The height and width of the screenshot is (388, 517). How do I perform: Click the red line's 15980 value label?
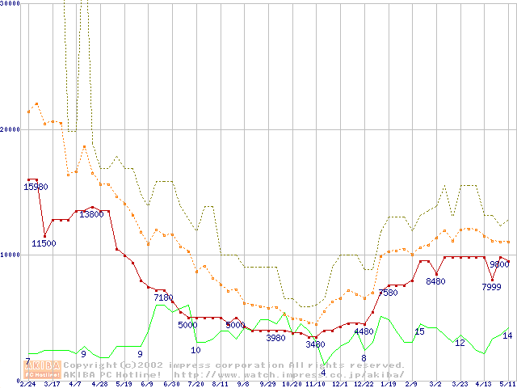[36, 187]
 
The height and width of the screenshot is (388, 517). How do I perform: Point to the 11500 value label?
[44, 243]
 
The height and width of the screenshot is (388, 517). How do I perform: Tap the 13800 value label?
[90, 214]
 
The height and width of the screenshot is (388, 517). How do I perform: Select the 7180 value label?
[164, 297]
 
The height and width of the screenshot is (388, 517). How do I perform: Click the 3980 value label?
[275, 338]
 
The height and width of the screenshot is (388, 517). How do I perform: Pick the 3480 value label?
[315, 344]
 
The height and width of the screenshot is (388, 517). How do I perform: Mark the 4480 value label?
[364, 331]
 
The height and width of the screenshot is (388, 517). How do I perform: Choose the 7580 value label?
[389, 293]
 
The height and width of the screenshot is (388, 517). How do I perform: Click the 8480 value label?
[435, 281]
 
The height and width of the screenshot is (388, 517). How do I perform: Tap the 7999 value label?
[491, 287]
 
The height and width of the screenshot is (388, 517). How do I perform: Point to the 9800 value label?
[499, 264]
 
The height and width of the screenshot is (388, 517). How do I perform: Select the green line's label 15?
[419, 331]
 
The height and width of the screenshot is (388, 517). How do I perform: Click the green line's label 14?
[507, 335]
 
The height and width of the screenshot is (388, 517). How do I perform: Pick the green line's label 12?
[460, 343]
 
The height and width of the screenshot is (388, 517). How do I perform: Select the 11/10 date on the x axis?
[315, 383]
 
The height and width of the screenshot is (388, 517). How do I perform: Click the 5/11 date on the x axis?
[507, 383]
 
